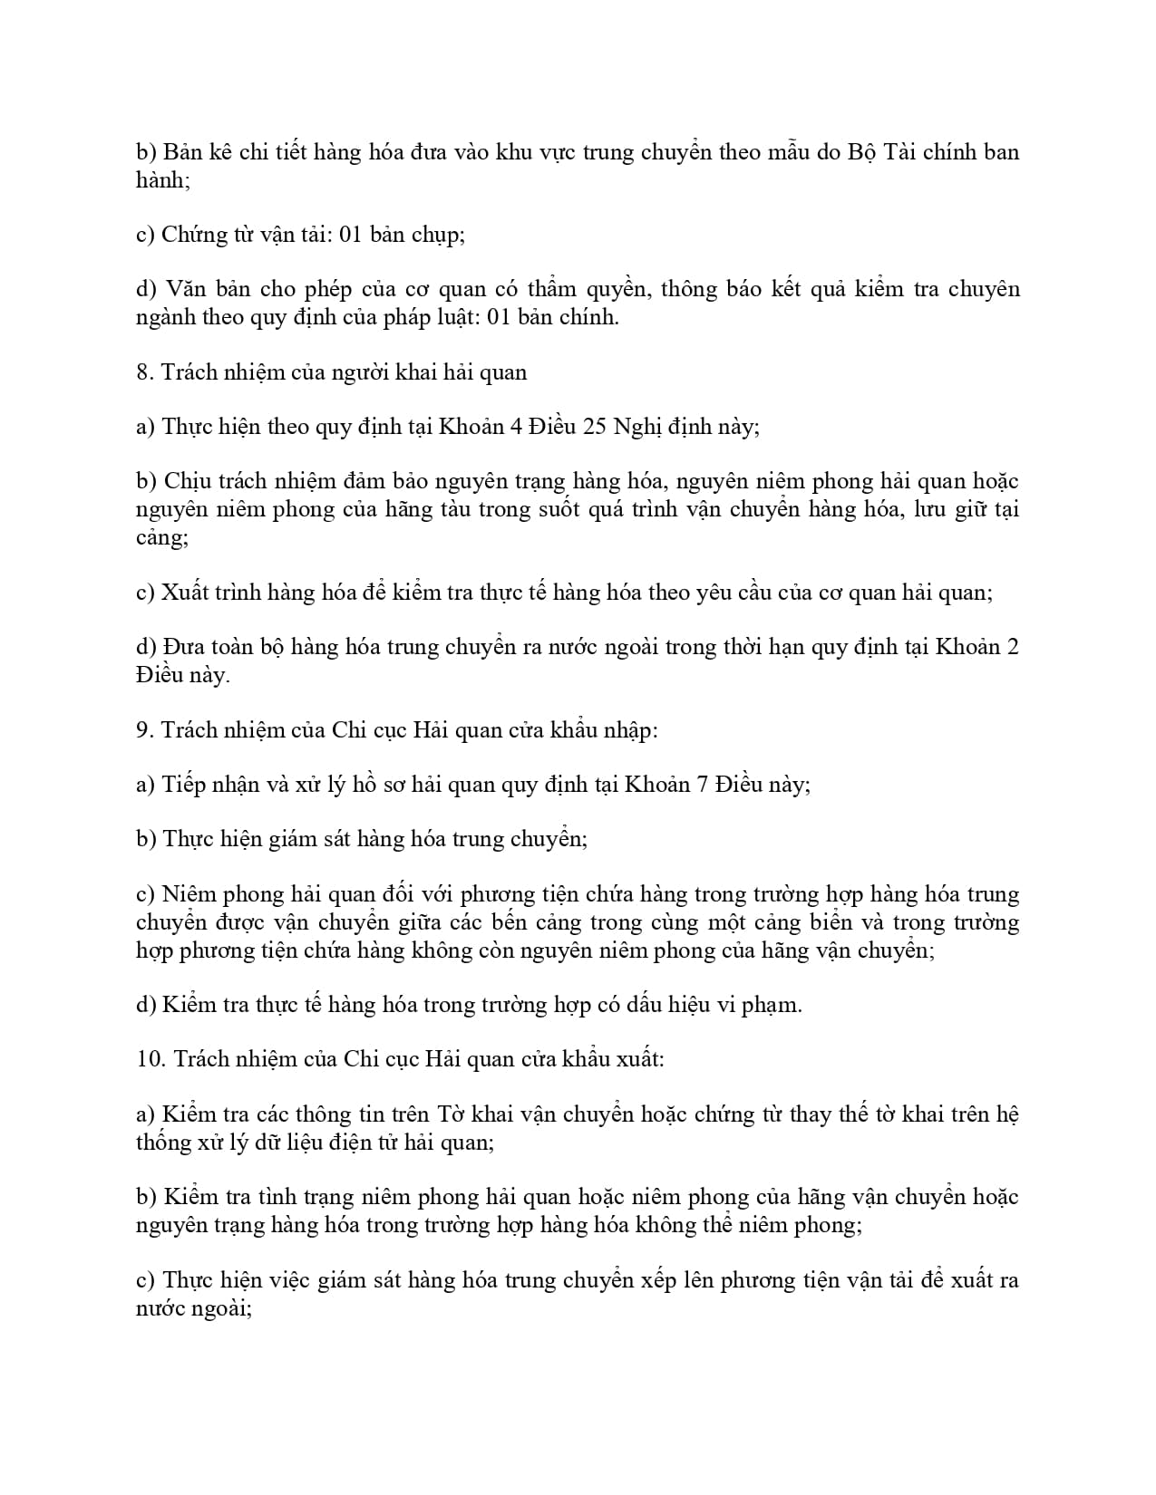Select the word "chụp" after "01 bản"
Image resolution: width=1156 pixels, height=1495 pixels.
pos(438,235)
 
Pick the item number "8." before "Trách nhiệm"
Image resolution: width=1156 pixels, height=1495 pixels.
pos(145,372)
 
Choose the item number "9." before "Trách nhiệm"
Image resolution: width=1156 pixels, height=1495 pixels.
pos(145,730)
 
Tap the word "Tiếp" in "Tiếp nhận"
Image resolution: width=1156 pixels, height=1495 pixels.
pos(183,785)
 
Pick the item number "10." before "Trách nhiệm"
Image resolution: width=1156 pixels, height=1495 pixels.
pos(151,1059)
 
